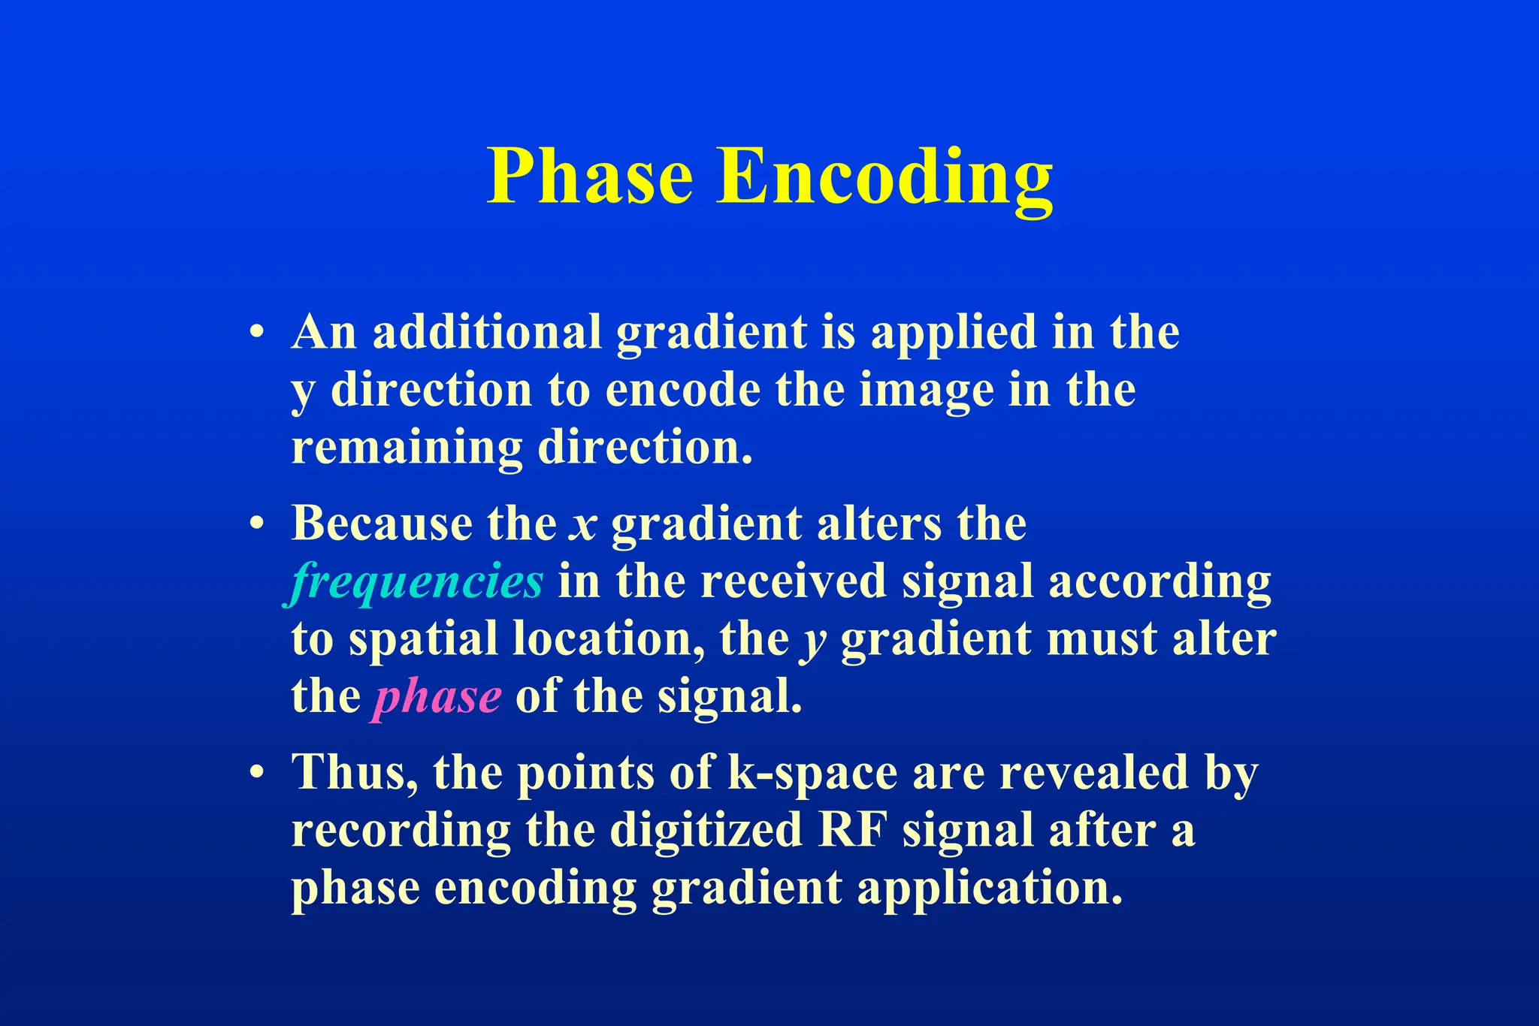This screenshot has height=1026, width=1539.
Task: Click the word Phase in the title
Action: click(x=590, y=177)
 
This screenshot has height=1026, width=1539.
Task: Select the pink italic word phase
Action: click(x=436, y=698)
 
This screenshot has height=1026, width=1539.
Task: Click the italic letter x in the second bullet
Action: click(x=583, y=524)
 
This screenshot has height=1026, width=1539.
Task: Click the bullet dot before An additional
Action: click(x=257, y=333)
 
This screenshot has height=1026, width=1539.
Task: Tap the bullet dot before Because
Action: click(x=257, y=524)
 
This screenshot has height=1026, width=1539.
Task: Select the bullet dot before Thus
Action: click(x=257, y=773)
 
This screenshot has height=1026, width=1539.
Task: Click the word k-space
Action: click(x=812, y=773)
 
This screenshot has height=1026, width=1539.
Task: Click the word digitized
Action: click(x=706, y=831)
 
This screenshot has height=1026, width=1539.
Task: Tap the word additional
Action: click(x=487, y=332)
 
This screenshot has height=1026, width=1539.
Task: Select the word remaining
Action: click(x=407, y=448)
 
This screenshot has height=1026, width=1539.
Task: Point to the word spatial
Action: click(x=423, y=640)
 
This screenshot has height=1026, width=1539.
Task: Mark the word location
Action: click(x=608, y=640)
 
